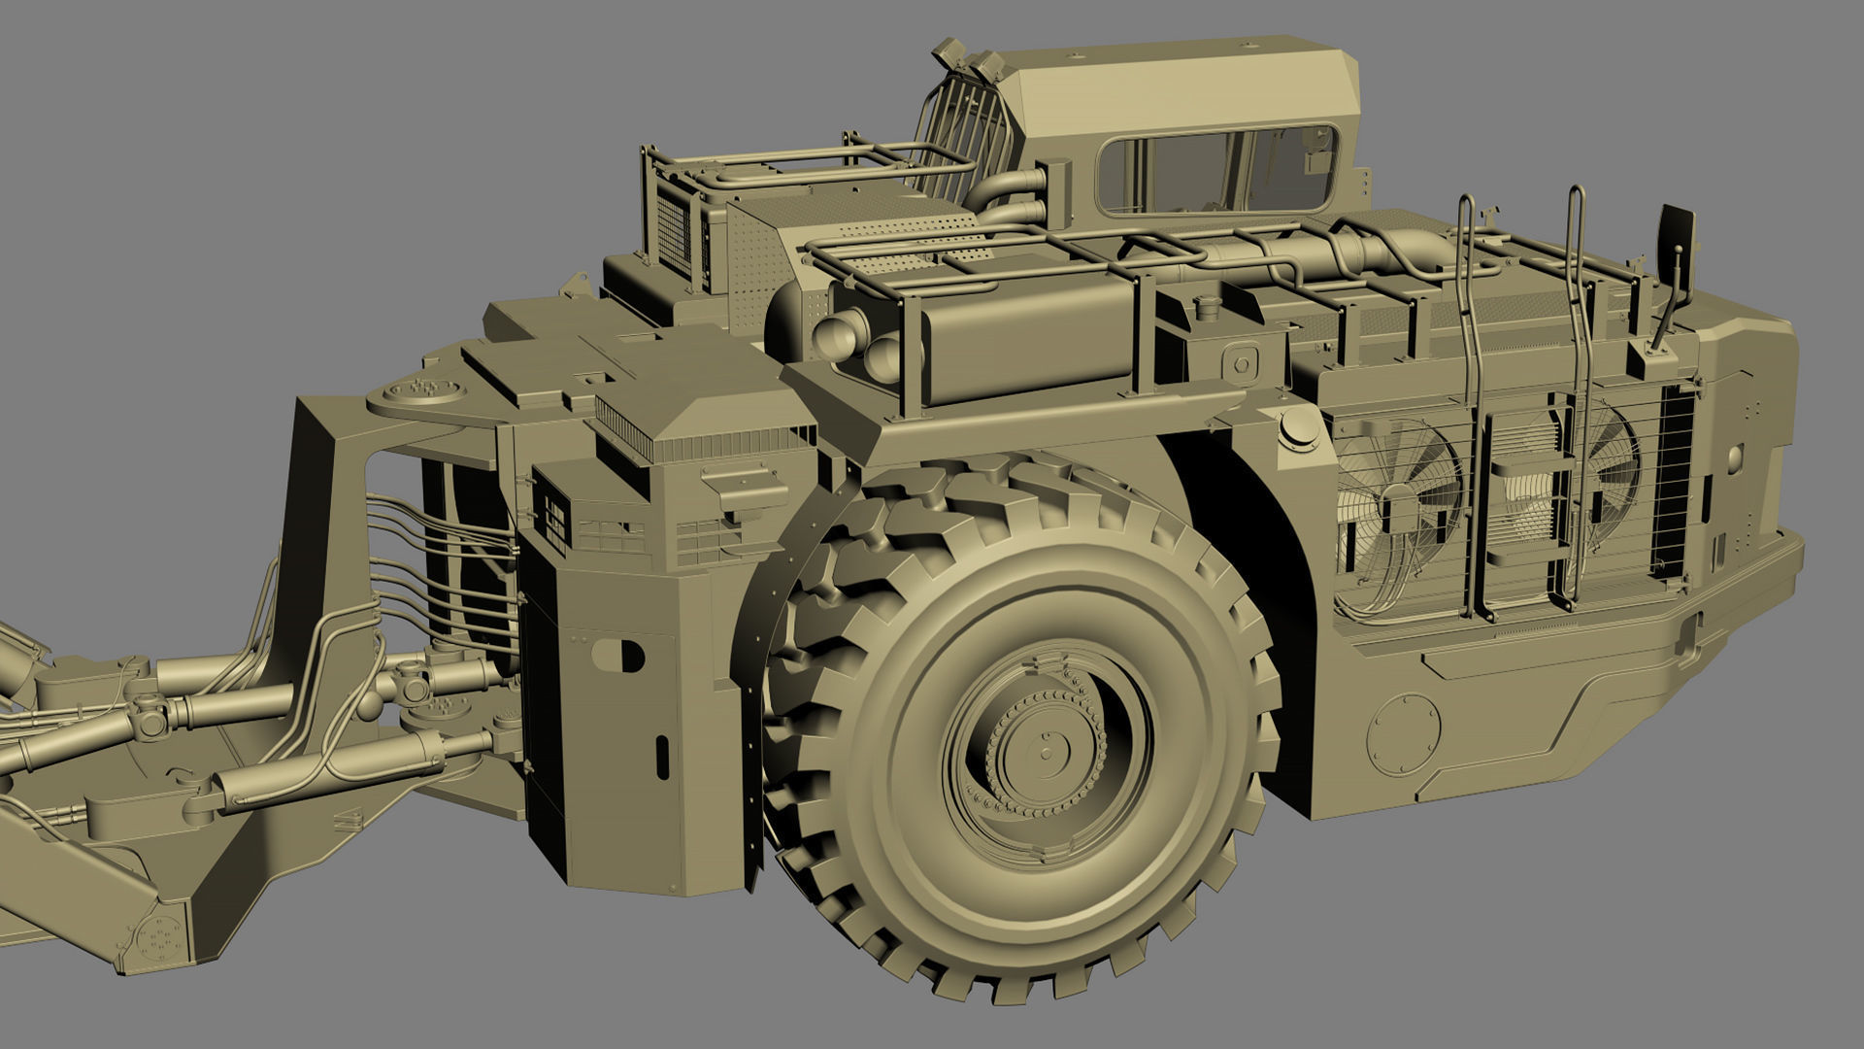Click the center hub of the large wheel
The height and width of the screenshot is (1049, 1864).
[1047, 753]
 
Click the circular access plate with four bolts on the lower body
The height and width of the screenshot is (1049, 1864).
[1404, 733]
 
